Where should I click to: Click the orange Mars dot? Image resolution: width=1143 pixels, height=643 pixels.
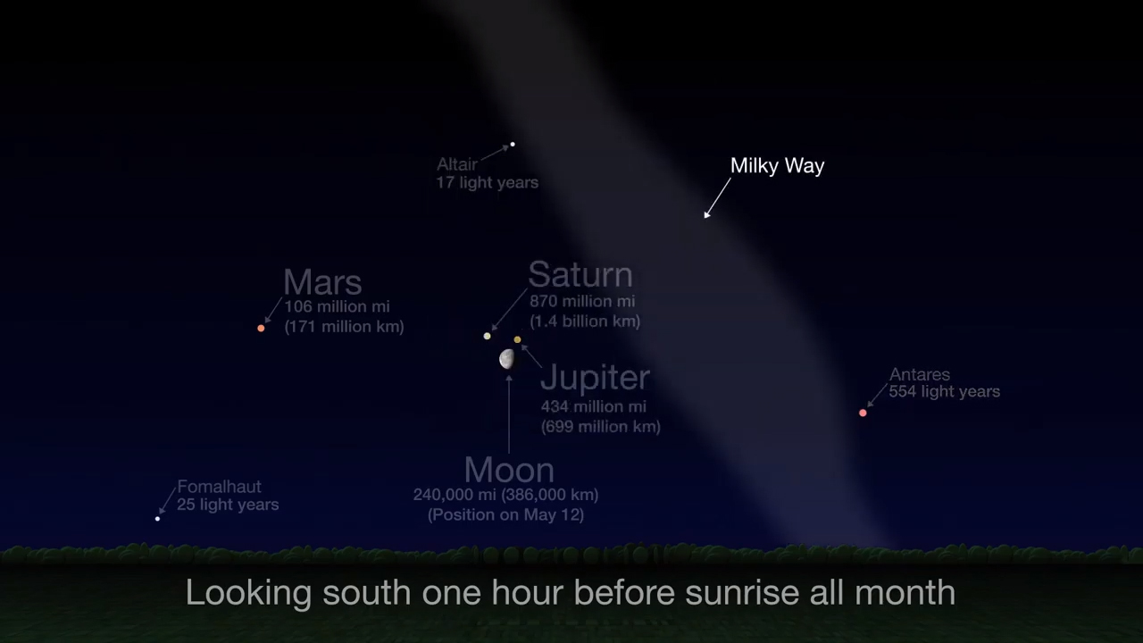click(261, 329)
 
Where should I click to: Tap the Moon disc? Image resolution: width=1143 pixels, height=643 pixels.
click(507, 359)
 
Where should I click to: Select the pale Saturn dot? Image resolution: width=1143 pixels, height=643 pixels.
click(487, 336)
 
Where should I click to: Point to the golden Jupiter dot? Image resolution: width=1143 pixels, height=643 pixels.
click(517, 339)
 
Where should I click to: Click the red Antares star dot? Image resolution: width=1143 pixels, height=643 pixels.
click(863, 413)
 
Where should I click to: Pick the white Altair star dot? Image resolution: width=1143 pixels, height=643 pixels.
click(513, 144)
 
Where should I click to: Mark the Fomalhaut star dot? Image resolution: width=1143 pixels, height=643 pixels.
click(158, 518)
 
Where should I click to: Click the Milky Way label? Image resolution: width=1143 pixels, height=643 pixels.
click(777, 165)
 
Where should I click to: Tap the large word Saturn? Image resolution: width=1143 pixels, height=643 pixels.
click(580, 275)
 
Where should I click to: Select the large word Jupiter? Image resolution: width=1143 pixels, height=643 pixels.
click(595, 377)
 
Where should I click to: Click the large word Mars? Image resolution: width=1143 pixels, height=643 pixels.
click(322, 282)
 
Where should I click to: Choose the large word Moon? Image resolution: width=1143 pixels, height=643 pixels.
click(509, 470)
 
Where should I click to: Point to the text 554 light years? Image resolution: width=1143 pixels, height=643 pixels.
click(944, 391)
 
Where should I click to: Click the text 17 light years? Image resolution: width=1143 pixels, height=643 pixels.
click(487, 182)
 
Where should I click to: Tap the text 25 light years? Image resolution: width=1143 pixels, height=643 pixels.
click(228, 505)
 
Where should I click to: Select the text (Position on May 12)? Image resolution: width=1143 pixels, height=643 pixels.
click(505, 514)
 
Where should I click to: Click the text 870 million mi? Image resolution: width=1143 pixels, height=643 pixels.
click(582, 302)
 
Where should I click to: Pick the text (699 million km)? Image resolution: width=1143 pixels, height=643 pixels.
click(601, 426)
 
